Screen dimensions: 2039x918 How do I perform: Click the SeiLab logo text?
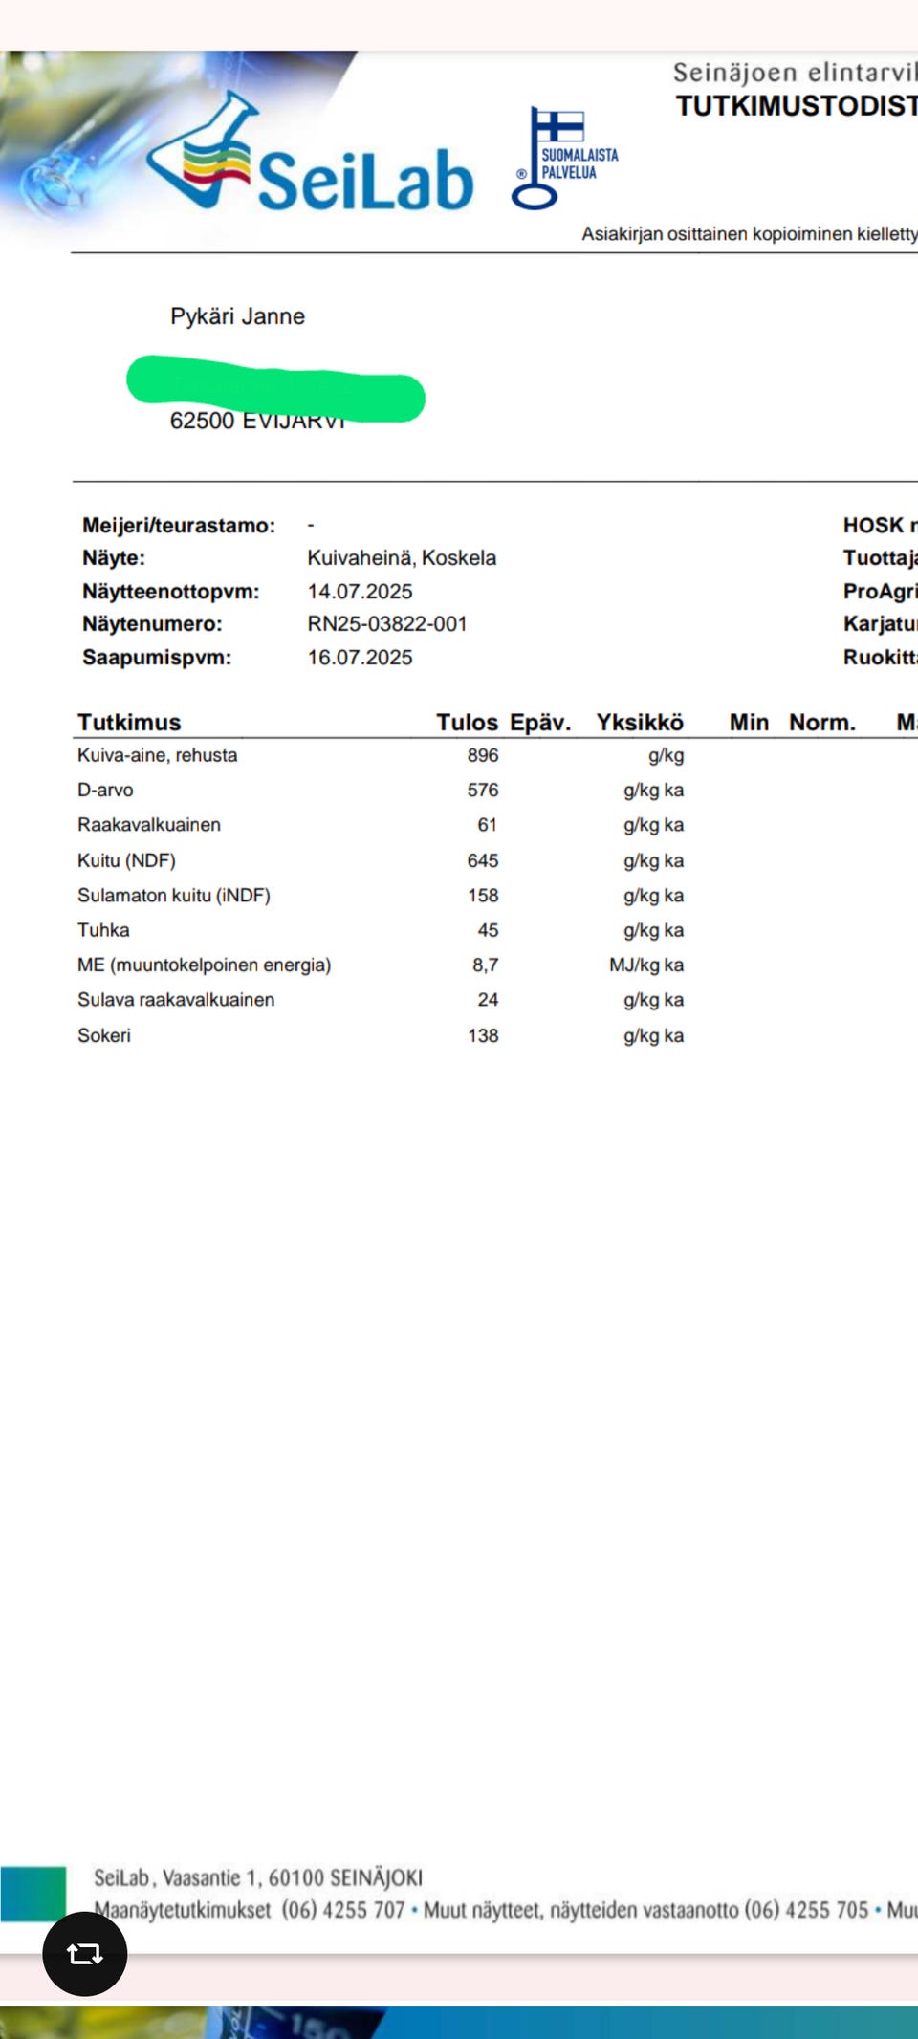tap(365, 180)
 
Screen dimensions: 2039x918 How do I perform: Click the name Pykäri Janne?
tap(237, 316)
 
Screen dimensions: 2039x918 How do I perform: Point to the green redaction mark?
tap(275, 389)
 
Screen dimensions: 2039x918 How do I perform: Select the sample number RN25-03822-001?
tap(386, 624)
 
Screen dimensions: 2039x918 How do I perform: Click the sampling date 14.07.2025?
tap(360, 592)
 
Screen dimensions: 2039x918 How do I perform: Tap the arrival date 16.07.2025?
tap(360, 658)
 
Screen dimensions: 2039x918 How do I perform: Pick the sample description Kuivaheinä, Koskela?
tap(402, 558)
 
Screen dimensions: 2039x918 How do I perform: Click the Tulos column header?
tap(467, 723)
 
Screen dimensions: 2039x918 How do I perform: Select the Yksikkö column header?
tap(640, 723)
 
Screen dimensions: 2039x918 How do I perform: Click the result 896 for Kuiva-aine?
tap(483, 755)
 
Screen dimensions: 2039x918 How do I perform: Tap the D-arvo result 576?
tap(483, 791)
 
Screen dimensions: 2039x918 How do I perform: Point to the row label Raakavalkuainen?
tap(149, 825)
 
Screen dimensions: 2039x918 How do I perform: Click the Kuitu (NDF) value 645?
tap(483, 860)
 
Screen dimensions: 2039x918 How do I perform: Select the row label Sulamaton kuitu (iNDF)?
tap(174, 896)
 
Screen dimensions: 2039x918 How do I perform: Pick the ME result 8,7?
tap(485, 965)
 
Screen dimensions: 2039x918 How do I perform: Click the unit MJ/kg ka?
tap(646, 965)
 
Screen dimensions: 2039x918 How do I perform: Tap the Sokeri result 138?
tap(483, 1035)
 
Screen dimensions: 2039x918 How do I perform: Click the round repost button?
tap(85, 1954)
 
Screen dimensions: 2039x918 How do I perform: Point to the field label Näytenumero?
tap(152, 624)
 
